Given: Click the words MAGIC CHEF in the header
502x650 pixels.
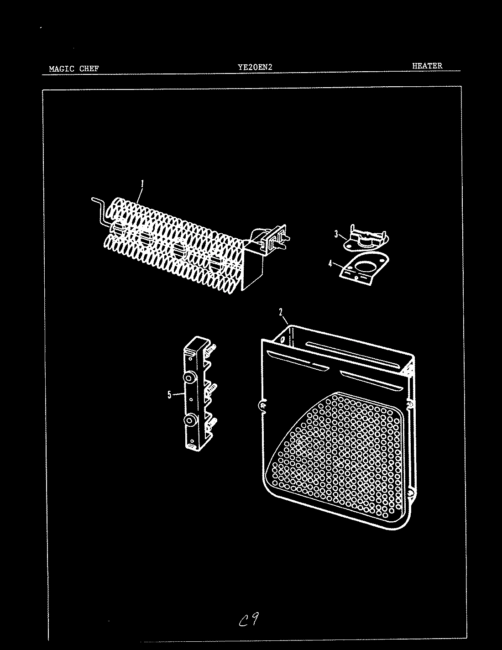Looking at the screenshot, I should [73, 69].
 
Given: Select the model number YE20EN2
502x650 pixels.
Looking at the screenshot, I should [255, 67].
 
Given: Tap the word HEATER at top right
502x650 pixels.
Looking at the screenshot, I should [427, 66].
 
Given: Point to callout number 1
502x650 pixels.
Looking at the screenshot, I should [142, 184].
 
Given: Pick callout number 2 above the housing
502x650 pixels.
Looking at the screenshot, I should [281, 312].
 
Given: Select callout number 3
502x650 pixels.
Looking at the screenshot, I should [336, 235].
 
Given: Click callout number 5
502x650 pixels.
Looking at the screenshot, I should [170, 394].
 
